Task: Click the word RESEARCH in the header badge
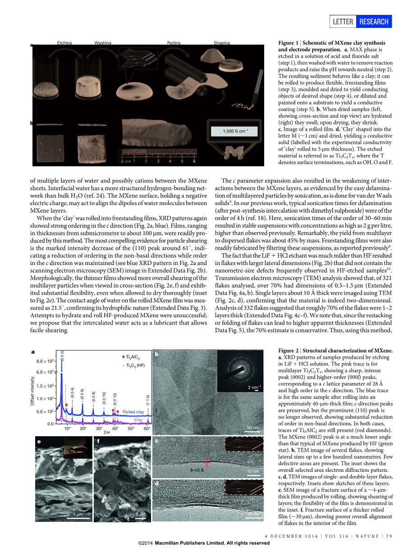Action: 374,21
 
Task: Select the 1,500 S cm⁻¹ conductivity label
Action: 233,131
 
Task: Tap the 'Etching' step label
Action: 64,43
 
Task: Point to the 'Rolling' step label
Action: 174,43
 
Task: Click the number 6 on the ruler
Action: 194,160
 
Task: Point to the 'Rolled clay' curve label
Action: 133,412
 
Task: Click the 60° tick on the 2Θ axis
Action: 147,429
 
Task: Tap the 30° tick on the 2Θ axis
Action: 99,429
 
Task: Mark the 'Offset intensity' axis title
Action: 33,391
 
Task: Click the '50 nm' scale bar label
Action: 252,427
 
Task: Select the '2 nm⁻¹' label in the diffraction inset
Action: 255,387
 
